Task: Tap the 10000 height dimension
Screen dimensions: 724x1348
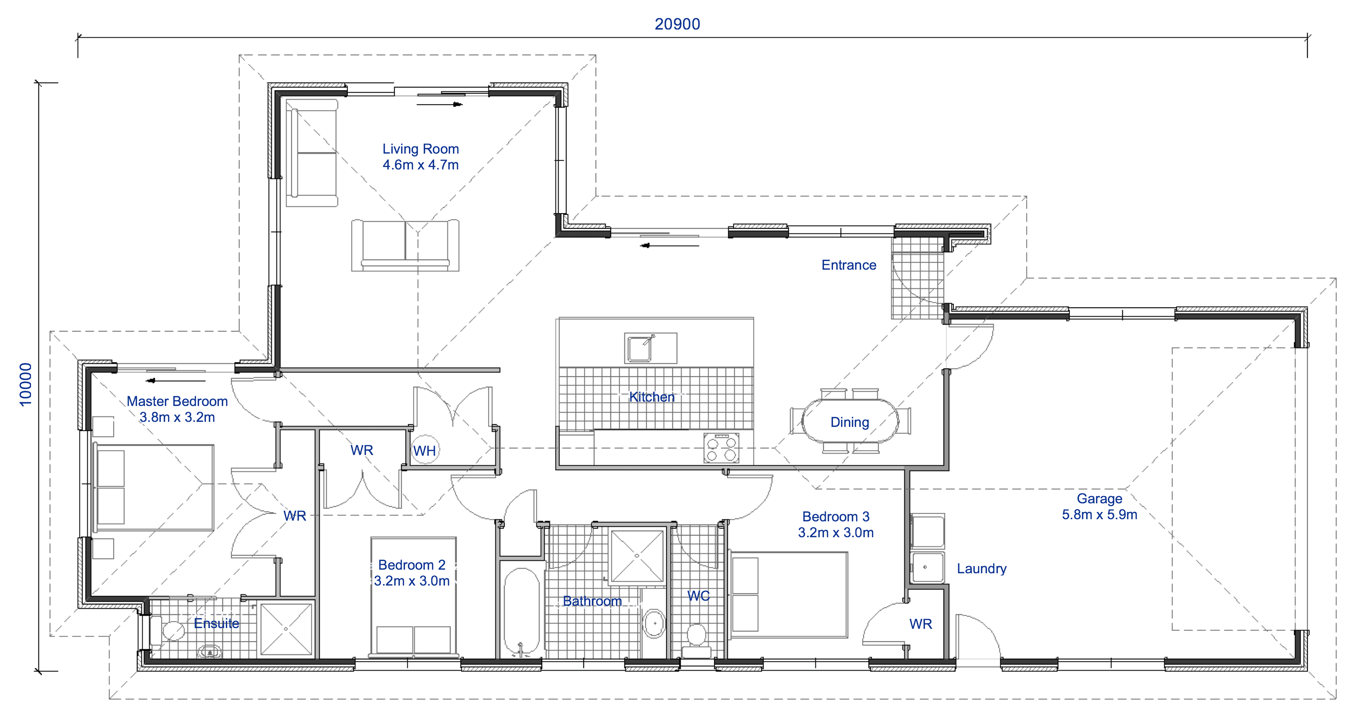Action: click(x=26, y=384)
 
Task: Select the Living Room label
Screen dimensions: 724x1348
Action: click(x=420, y=156)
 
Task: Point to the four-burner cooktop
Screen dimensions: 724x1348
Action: click(x=721, y=448)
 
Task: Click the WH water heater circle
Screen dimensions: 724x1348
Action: click(x=424, y=450)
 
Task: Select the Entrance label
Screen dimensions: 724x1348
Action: click(x=848, y=265)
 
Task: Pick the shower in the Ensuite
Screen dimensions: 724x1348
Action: click(x=286, y=629)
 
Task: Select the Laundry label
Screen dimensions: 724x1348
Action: click(x=981, y=569)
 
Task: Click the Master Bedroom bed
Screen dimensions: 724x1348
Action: click(x=153, y=487)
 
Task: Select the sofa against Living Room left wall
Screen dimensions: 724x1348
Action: click(x=312, y=153)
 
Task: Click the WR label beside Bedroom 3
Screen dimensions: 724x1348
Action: click(x=920, y=624)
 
